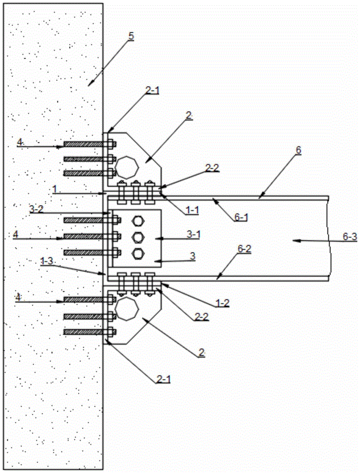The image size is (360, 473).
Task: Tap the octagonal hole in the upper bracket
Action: pos(128,167)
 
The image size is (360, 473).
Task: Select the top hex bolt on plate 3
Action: pos(138,220)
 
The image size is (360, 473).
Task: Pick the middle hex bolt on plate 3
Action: pos(138,236)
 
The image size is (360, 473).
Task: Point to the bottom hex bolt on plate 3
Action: pos(138,253)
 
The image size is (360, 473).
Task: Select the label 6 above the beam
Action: pos(298,150)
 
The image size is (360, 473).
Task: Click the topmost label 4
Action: pos(19,141)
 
